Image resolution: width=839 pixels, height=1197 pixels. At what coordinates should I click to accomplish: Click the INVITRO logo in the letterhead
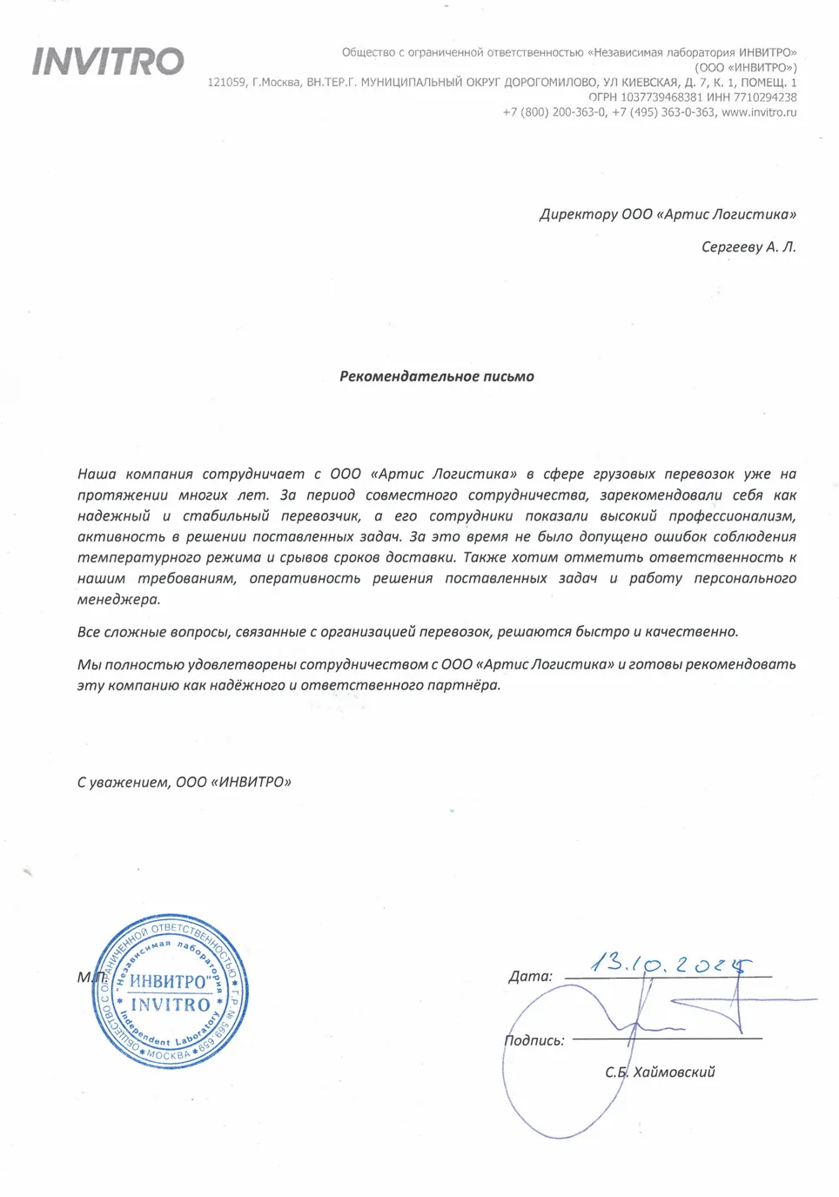point(108,61)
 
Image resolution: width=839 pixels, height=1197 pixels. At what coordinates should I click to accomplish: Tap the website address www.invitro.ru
point(758,111)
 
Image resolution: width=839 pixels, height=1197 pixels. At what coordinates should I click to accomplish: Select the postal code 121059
point(226,82)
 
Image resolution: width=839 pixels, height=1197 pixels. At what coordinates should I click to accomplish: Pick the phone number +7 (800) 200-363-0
point(554,111)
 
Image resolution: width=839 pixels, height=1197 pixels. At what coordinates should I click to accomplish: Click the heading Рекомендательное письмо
point(436,376)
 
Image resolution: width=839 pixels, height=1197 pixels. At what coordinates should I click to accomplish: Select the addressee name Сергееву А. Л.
point(748,246)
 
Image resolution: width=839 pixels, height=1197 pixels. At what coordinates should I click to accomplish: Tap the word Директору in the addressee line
point(578,214)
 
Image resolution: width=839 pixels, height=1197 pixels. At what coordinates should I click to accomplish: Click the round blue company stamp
point(171,992)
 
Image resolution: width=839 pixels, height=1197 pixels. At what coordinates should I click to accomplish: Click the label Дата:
point(530,976)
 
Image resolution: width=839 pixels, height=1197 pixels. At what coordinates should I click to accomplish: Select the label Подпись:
point(534,1040)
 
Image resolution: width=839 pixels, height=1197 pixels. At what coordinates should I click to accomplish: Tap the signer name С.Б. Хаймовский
point(660,1072)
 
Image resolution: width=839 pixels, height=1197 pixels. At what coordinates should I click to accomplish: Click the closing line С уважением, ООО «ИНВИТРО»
point(184,782)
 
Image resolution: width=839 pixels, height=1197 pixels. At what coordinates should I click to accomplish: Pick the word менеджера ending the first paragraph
point(118,599)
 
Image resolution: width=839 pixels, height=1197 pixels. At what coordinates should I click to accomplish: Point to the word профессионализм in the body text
point(732,515)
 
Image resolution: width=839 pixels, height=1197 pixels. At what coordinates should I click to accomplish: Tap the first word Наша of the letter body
point(97,474)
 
